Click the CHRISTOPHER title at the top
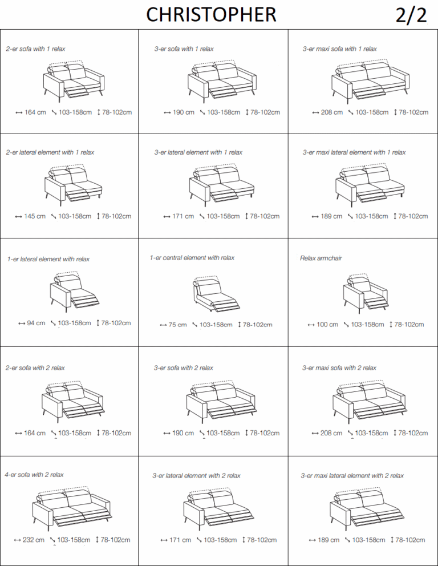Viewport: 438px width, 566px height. [211, 15]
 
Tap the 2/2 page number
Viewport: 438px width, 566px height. [411, 15]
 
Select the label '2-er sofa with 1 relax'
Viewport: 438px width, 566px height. [35, 48]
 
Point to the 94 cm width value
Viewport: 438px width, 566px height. [36, 323]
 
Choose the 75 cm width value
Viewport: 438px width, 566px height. [177, 325]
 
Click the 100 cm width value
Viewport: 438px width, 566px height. [327, 325]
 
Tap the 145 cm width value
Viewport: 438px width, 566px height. [35, 216]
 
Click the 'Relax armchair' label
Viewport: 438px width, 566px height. [321, 258]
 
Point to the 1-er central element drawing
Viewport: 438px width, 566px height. [216, 294]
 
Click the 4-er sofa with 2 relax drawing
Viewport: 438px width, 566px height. [72, 508]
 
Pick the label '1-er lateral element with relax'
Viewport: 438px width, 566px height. [48, 259]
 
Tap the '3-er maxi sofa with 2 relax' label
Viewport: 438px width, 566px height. [339, 368]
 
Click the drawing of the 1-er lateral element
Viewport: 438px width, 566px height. [74, 292]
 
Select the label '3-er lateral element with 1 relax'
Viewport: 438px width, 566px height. [198, 152]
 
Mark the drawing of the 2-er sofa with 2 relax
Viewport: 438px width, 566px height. [73, 402]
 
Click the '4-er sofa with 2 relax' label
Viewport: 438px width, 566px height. [34, 475]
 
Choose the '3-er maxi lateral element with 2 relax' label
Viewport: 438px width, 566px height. [352, 476]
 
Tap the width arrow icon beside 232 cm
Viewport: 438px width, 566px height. [17, 540]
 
